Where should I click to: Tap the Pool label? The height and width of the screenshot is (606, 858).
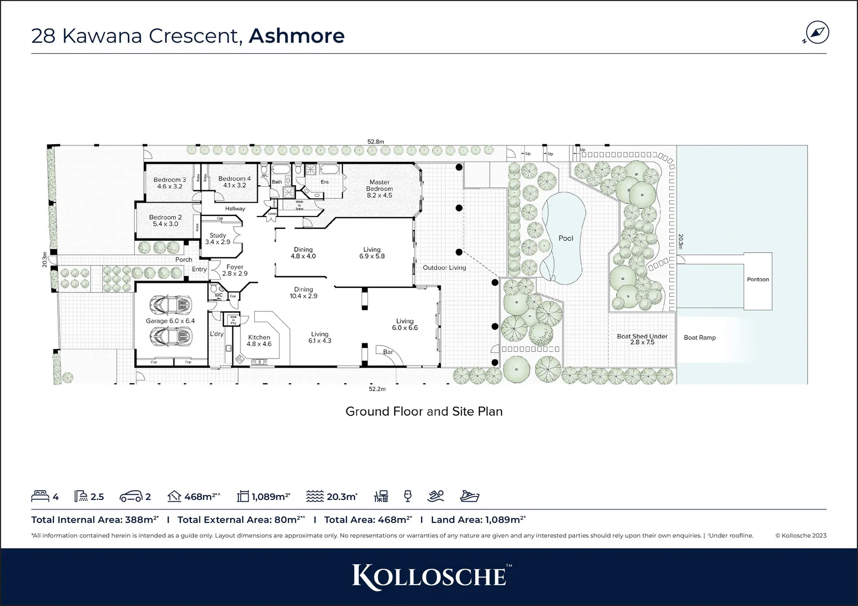point(565,238)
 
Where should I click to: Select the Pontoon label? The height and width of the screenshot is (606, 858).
point(757,279)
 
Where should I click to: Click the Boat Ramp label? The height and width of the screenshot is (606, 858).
point(699,338)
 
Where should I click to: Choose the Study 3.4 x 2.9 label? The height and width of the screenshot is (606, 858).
point(217,239)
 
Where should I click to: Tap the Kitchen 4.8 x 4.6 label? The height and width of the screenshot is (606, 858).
point(259,341)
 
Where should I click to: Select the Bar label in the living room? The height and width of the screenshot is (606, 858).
point(387,352)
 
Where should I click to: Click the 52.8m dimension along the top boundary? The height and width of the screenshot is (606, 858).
point(376,142)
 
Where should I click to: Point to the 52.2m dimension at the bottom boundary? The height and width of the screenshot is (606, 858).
point(377,389)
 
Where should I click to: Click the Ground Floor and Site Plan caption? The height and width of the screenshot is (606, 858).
point(423,411)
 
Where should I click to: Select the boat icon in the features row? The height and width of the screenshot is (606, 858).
point(469,496)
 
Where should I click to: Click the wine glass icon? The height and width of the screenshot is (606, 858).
point(408,496)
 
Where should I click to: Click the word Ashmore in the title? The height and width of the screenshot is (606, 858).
point(296,35)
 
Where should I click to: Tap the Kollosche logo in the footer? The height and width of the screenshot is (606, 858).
point(429,576)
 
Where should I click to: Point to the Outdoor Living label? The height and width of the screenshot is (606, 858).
point(444,268)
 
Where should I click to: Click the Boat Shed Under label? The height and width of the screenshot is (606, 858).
point(642,339)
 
